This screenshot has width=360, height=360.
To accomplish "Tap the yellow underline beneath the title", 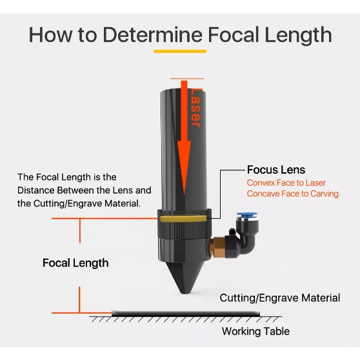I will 180,51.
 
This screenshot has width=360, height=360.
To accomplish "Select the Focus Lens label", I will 276,170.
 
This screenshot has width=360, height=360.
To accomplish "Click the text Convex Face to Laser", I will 286,183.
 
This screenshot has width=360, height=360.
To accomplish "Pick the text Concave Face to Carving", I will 292,194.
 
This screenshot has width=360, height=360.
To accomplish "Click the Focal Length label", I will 75,263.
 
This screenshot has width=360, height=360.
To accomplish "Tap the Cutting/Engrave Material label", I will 279,297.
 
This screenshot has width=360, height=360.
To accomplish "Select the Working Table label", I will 255,332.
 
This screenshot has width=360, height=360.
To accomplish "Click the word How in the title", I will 51,34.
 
